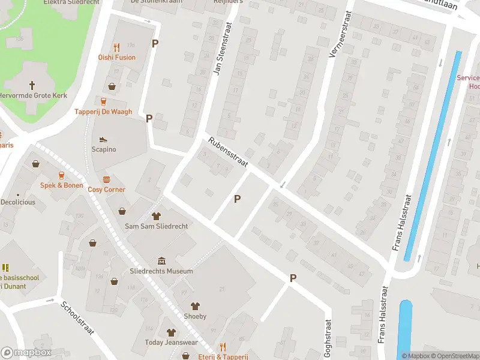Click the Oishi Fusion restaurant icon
point(117,46)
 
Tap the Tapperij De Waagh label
point(103,112)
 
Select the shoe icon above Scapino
point(103,138)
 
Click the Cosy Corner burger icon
point(107,179)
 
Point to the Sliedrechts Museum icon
point(161,260)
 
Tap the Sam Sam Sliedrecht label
point(155,226)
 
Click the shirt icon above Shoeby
point(194,306)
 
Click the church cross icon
point(32,85)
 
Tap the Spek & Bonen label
point(61,185)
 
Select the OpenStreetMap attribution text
point(454,356)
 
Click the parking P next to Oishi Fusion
point(155,43)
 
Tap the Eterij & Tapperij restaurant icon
point(222,347)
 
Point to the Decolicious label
point(18,202)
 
